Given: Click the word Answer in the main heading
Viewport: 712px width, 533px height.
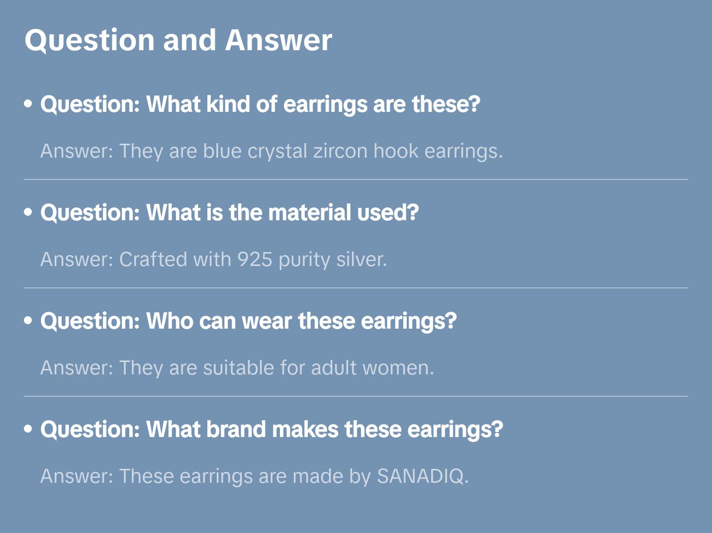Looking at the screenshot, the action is tap(278, 40).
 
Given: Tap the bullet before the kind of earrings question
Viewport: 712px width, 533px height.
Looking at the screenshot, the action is tap(28, 104).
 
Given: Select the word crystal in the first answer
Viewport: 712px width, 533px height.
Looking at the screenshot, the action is tap(277, 152).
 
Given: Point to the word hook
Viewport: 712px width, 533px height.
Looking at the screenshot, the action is tap(396, 151).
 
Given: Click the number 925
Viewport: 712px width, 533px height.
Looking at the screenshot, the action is tap(255, 260).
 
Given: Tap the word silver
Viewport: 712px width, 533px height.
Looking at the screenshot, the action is tap(361, 260).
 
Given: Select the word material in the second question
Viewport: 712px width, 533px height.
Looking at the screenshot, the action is tap(309, 212).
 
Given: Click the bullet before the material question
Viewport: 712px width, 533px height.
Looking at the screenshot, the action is tap(28, 212).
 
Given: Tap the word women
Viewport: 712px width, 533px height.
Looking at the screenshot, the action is tap(398, 367).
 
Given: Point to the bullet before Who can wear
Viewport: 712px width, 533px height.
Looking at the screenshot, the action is tap(28, 320).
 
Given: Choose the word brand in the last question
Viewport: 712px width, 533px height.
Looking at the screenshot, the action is tap(236, 429).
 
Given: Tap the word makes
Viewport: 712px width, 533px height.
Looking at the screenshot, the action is tap(305, 429).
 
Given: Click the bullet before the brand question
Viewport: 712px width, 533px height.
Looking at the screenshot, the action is tap(28, 429).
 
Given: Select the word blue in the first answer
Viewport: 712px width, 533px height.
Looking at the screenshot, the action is tap(222, 151).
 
